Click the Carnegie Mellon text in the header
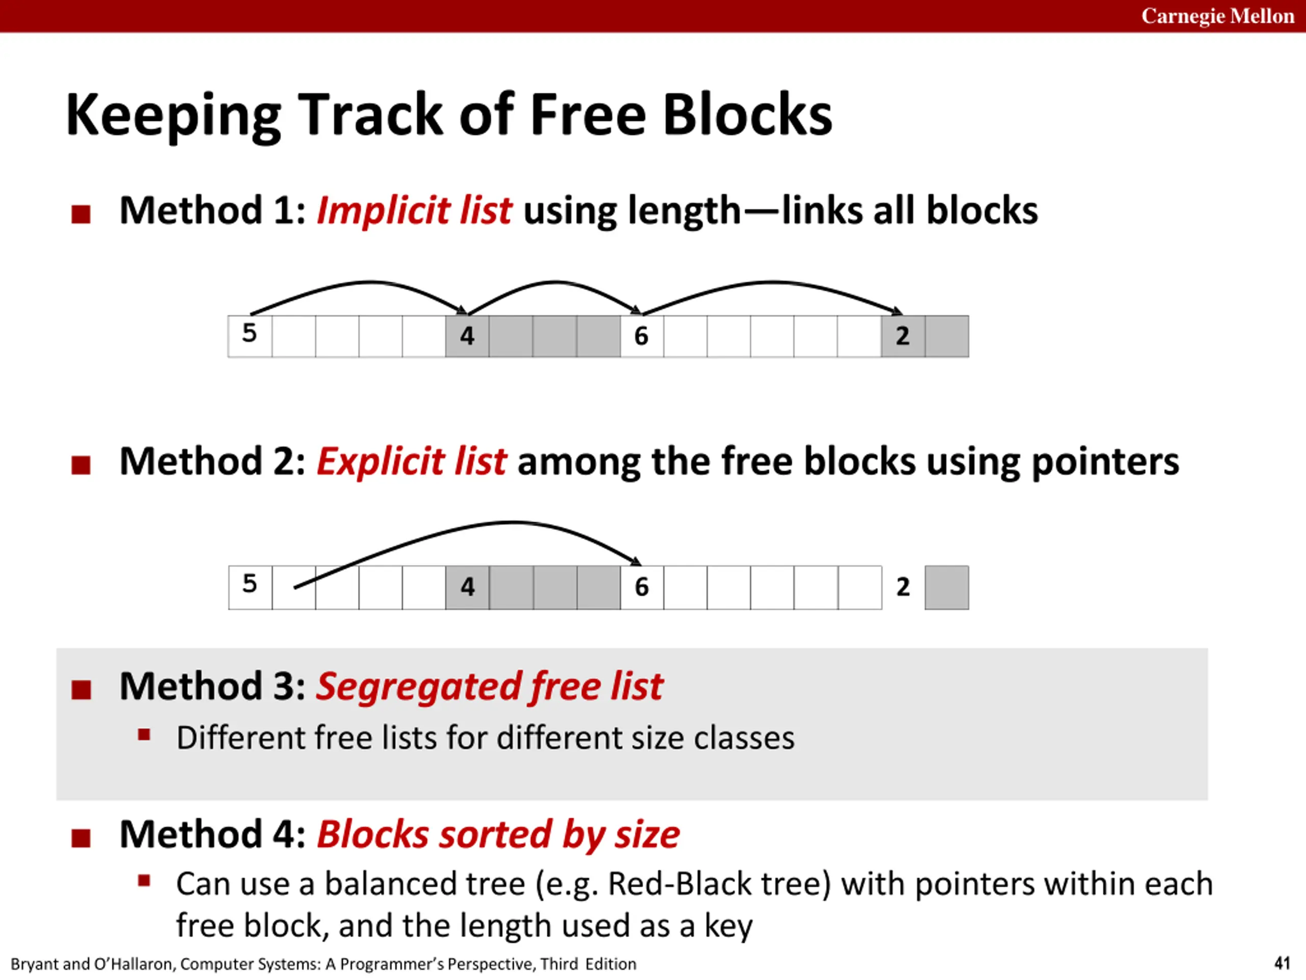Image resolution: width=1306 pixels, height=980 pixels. [x=1217, y=16]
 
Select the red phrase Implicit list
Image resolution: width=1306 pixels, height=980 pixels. [x=414, y=210]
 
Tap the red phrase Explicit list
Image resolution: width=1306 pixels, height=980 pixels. [x=412, y=461]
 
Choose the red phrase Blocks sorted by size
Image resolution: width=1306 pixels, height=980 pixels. [x=498, y=835]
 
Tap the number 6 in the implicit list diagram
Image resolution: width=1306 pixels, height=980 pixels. [x=641, y=336]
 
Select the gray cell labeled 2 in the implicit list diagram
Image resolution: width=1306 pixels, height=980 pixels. [x=903, y=336]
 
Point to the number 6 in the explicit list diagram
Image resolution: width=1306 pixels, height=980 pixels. [x=642, y=587]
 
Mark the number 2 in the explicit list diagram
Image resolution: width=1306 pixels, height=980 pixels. [x=903, y=587]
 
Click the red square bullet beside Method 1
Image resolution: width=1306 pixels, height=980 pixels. [x=81, y=214]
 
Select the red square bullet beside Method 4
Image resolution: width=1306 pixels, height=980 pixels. [x=81, y=838]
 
